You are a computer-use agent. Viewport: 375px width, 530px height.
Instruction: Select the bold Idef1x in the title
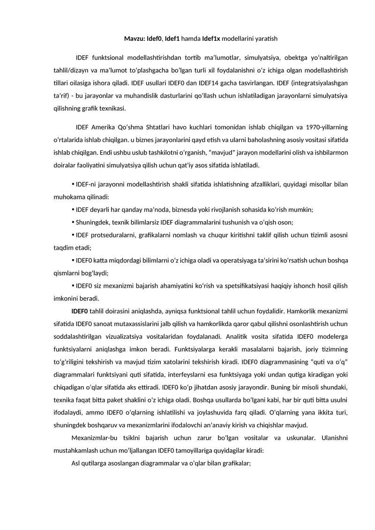212,38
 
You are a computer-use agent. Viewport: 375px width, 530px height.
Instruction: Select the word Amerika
104,127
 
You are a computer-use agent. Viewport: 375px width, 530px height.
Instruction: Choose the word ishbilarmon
330,153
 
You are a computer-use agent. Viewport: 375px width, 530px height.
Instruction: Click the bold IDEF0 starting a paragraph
80,311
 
